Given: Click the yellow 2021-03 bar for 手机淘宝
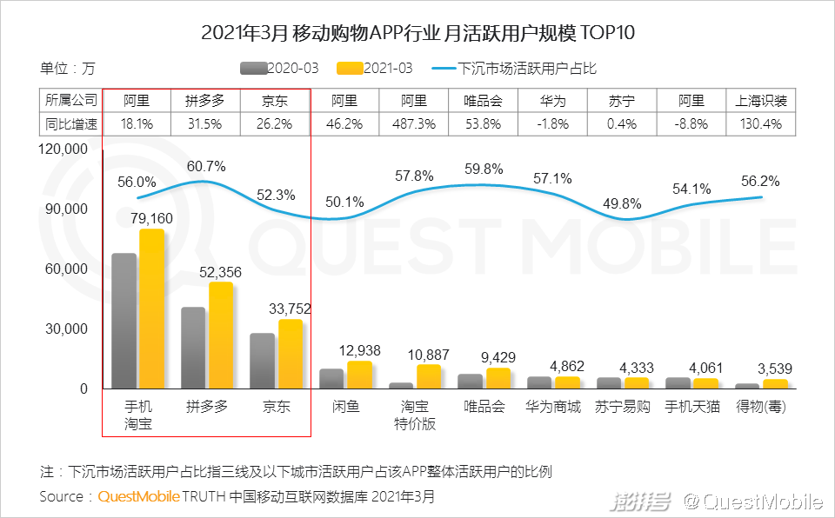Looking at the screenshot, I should tap(152, 309).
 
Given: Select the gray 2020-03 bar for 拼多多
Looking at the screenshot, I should tap(193, 348).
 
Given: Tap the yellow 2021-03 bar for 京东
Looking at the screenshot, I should tap(291, 354).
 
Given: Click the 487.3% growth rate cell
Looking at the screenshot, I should tap(414, 124).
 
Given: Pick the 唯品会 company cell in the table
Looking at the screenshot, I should tap(483, 101).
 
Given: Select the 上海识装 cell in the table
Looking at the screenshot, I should tap(761, 101).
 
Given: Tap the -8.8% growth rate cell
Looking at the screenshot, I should tap(691, 124).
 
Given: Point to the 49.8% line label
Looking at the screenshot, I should tap(622, 204).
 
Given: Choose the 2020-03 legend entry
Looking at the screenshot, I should tap(280, 68).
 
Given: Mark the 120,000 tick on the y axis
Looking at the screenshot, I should tap(64, 149).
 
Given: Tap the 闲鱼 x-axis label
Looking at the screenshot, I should tap(345, 406).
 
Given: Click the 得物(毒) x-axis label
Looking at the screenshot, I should tap(762, 406).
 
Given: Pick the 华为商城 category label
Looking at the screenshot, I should tap(552, 406).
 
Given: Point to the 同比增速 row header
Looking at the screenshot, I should tap(71, 124).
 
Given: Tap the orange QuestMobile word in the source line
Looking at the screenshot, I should tap(139, 497).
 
